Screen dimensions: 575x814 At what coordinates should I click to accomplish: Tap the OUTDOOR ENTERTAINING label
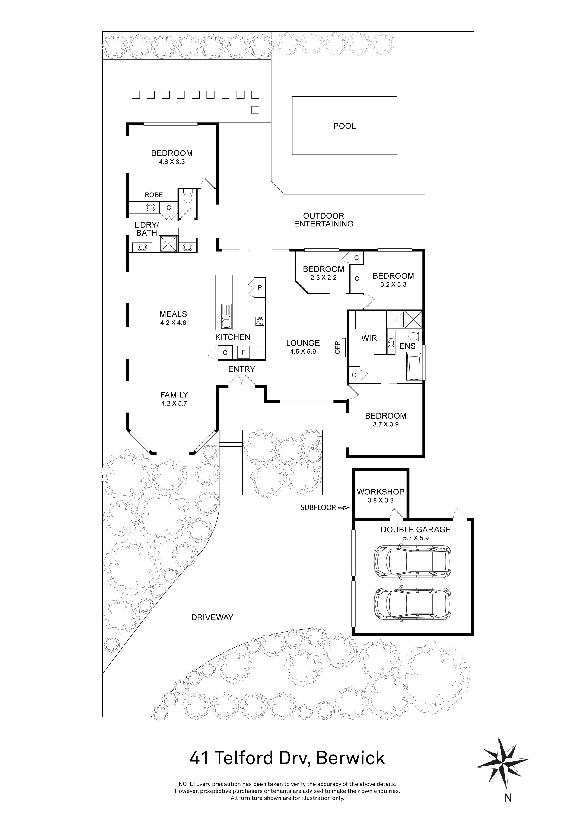click(324, 220)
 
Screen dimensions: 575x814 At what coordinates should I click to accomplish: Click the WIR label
click(369, 338)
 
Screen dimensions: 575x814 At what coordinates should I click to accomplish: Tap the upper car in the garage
click(413, 561)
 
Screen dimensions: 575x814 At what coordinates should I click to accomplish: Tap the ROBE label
click(154, 195)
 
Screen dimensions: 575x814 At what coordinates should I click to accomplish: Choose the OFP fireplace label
click(337, 347)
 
